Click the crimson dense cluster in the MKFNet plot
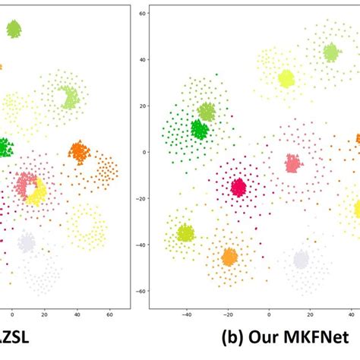(x=238, y=187)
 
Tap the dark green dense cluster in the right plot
(x=199, y=130)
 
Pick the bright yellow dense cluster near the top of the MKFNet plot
(x=286, y=78)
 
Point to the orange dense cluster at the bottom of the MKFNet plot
(x=229, y=257)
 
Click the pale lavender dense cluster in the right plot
(x=302, y=260)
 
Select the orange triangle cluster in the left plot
(x=78, y=152)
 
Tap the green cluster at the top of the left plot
(x=14, y=30)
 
